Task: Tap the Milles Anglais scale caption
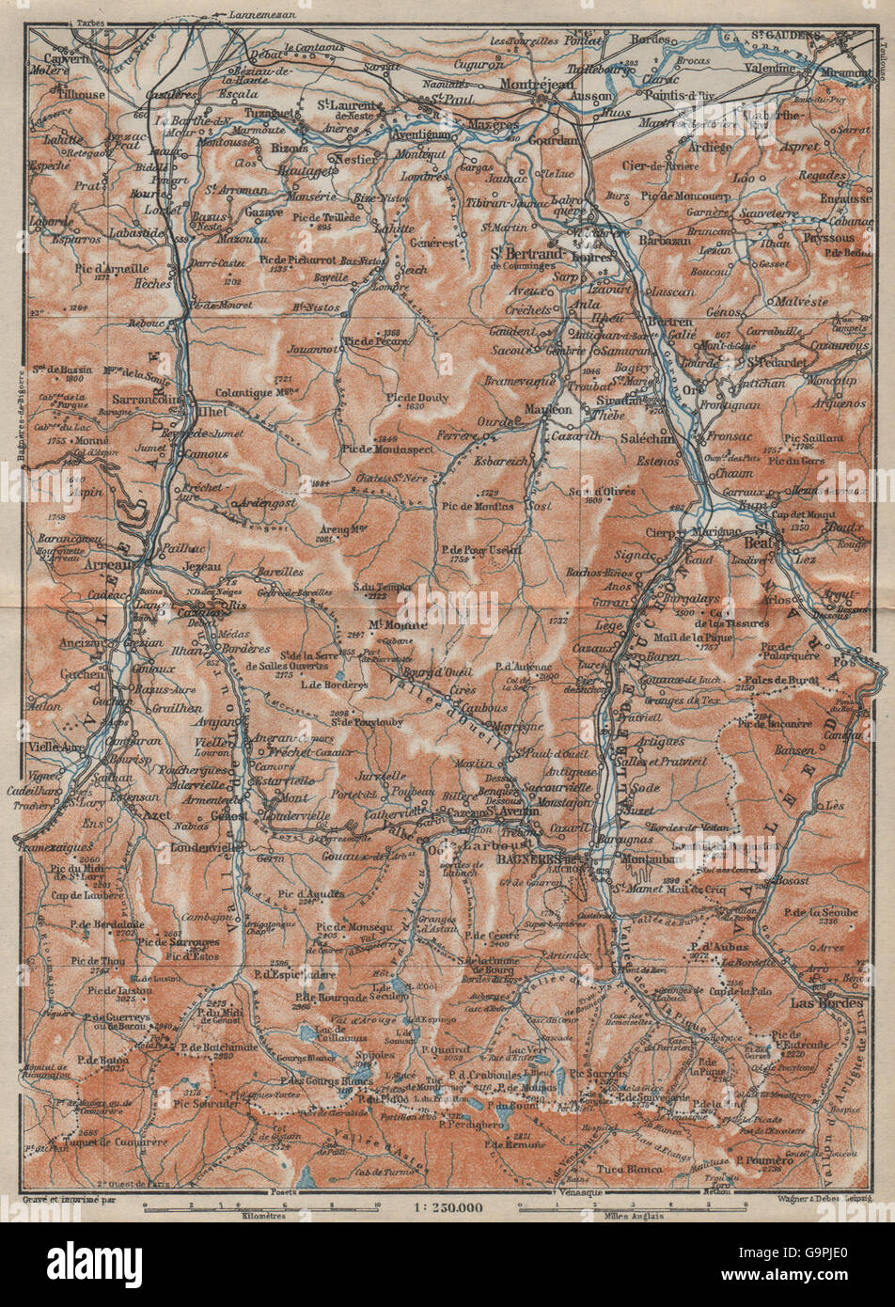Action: (x=628, y=1215)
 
